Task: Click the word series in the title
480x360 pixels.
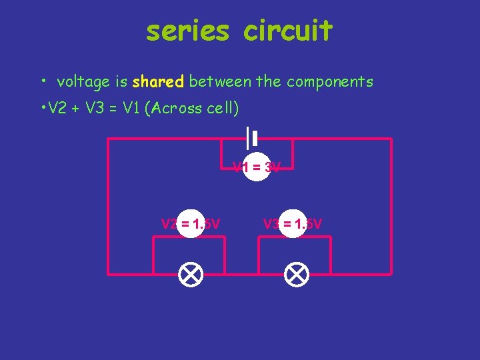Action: (x=187, y=31)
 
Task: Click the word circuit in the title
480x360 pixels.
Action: (x=287, y=31)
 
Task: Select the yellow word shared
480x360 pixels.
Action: (x=158, y=82)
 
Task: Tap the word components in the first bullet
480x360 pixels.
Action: (x=330, y=82)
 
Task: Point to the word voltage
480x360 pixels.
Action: (x=83, y=82)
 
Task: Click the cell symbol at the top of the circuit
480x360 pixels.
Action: (x=251, y=138)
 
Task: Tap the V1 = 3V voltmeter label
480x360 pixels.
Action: (x=256, y=167)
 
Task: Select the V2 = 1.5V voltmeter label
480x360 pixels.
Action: (x=191, y=224)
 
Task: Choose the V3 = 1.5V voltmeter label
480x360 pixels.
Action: (x=293, y=224)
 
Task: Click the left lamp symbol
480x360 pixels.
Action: (x=191, y=274)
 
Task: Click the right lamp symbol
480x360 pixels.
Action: (x=296, y=274)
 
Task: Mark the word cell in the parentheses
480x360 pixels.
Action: (x=217, y=108)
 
